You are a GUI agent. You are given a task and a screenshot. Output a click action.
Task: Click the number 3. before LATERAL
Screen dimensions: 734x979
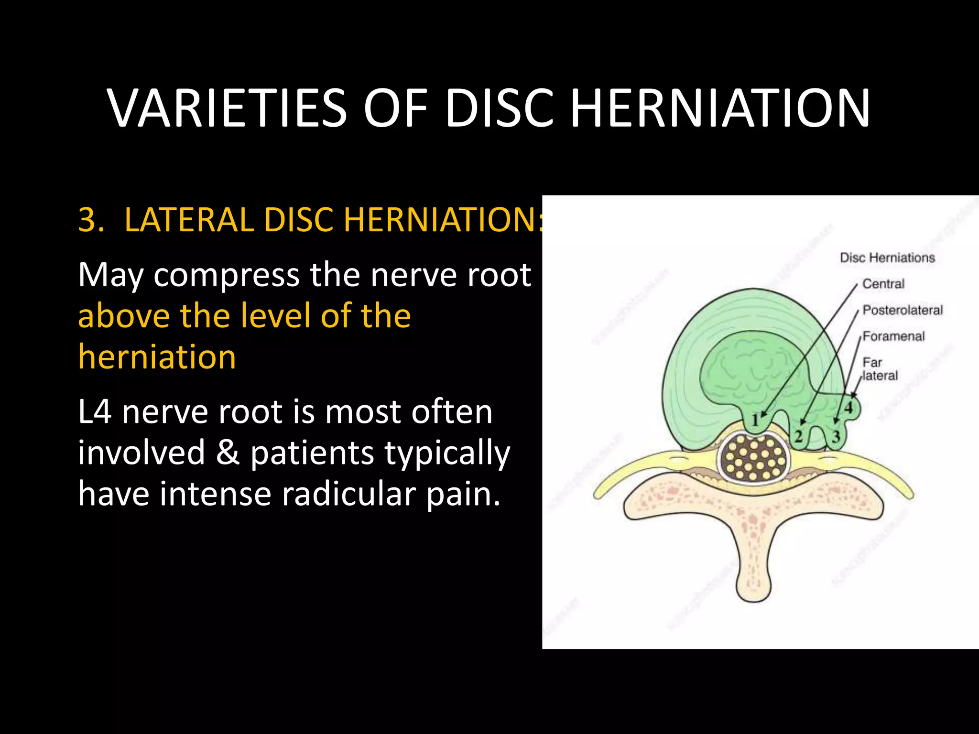coord(91,220)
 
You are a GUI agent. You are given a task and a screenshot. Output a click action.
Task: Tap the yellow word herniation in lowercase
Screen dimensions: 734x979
coord(157,357)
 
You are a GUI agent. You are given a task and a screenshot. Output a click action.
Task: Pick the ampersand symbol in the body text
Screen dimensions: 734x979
coord(228,453)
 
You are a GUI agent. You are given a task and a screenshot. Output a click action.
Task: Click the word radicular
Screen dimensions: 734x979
coord(348,494)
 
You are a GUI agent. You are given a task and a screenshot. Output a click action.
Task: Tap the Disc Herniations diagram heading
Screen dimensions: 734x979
coord(887,258)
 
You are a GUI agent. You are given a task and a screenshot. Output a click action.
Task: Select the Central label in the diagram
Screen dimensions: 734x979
coord(883,284)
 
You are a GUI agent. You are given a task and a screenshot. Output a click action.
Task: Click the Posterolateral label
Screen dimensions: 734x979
coord(903,310)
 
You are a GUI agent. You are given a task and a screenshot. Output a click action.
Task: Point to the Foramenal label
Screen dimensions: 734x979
coord(893,336)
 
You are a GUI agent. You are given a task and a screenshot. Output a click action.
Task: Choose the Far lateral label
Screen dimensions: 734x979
coord(880,369)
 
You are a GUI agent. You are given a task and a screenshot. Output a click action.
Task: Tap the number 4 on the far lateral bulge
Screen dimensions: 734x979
coord(848,408)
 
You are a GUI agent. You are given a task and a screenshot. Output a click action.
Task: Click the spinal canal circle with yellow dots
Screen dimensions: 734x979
coord(754,457)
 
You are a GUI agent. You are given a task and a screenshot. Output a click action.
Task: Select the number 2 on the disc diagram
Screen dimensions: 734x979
coord(798,436)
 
